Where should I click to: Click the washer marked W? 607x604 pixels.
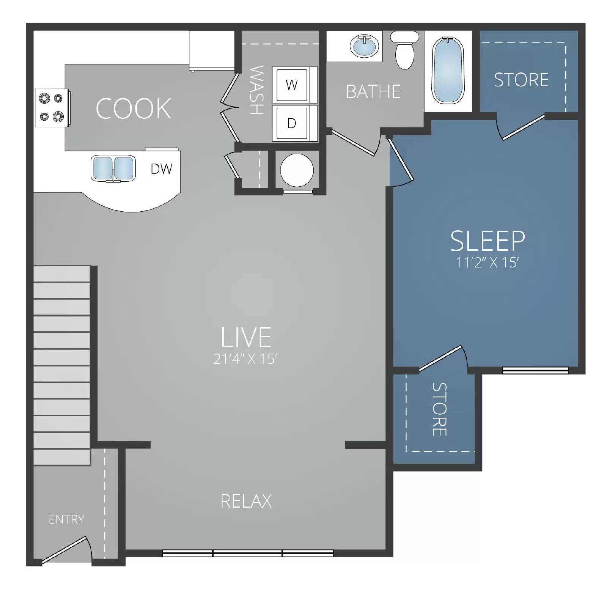(291, 85)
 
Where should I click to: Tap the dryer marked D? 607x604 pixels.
(291, 123)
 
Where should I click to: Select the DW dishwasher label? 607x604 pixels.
(161, 169)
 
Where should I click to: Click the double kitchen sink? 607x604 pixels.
(113, 168)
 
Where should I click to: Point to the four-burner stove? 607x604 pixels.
(52, 108)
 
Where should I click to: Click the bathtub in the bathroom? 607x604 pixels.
(448, 71)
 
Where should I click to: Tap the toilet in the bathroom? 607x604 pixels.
(405, 50)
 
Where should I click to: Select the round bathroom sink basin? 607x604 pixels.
(364, 47)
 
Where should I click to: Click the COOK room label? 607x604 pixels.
(133, 109)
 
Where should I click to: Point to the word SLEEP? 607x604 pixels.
(487, 241)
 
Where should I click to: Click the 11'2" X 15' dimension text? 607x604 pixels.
(487, 263)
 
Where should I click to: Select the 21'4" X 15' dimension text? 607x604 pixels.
(245, 359)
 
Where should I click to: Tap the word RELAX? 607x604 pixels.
(246, 501)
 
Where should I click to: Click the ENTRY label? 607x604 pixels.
(66, 519)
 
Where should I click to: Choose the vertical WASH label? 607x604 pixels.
(257, 90)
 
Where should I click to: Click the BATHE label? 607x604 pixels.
(373, 92)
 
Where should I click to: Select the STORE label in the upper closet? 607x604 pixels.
(521, 80)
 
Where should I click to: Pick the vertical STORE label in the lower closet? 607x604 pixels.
(439, 409)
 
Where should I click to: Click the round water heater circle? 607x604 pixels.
(297, 170)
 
